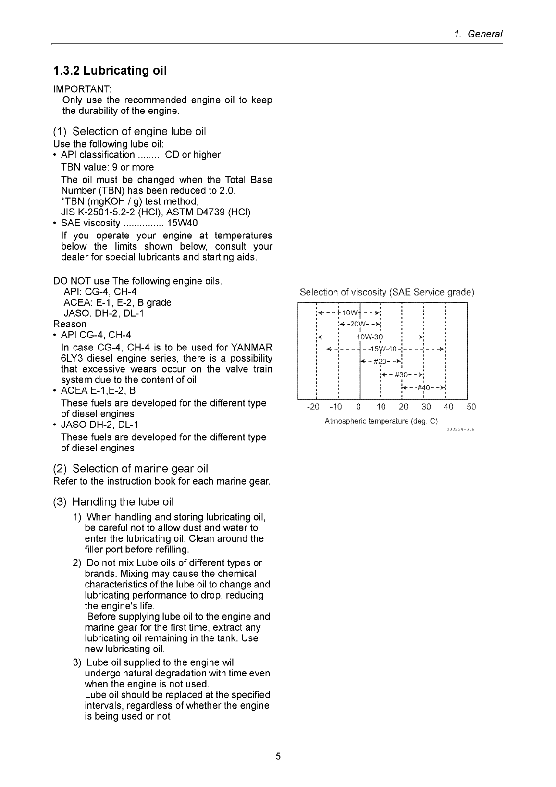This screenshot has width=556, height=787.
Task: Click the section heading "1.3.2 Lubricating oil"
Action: tap(110, 71)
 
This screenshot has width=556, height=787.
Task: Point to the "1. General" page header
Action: tap(478, 34)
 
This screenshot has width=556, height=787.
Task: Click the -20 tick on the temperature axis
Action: tap(313, 407)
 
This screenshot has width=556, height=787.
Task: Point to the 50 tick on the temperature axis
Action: tap(471, 407)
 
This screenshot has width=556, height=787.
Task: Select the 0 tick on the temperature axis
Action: tap(358, 407)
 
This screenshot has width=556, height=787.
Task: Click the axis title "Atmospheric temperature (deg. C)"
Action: tap(382, 421)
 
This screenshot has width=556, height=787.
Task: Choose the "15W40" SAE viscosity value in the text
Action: tap(182, 223)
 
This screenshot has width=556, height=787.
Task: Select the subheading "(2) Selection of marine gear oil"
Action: tap(130, 468)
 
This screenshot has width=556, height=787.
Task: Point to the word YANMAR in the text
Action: tap(250, 347)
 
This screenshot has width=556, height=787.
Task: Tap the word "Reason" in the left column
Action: tap(70, 324)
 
